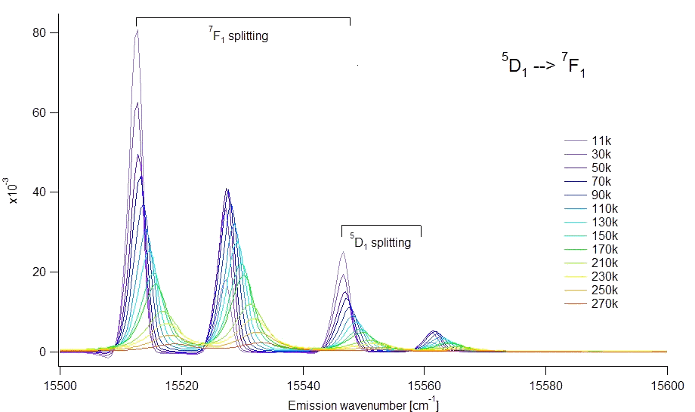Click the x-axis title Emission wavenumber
point(363,405)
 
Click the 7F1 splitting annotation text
point(239,35)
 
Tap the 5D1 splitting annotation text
point(381,242)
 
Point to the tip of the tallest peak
point(137,30)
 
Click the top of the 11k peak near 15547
point(342,252)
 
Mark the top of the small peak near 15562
point(434,331)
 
